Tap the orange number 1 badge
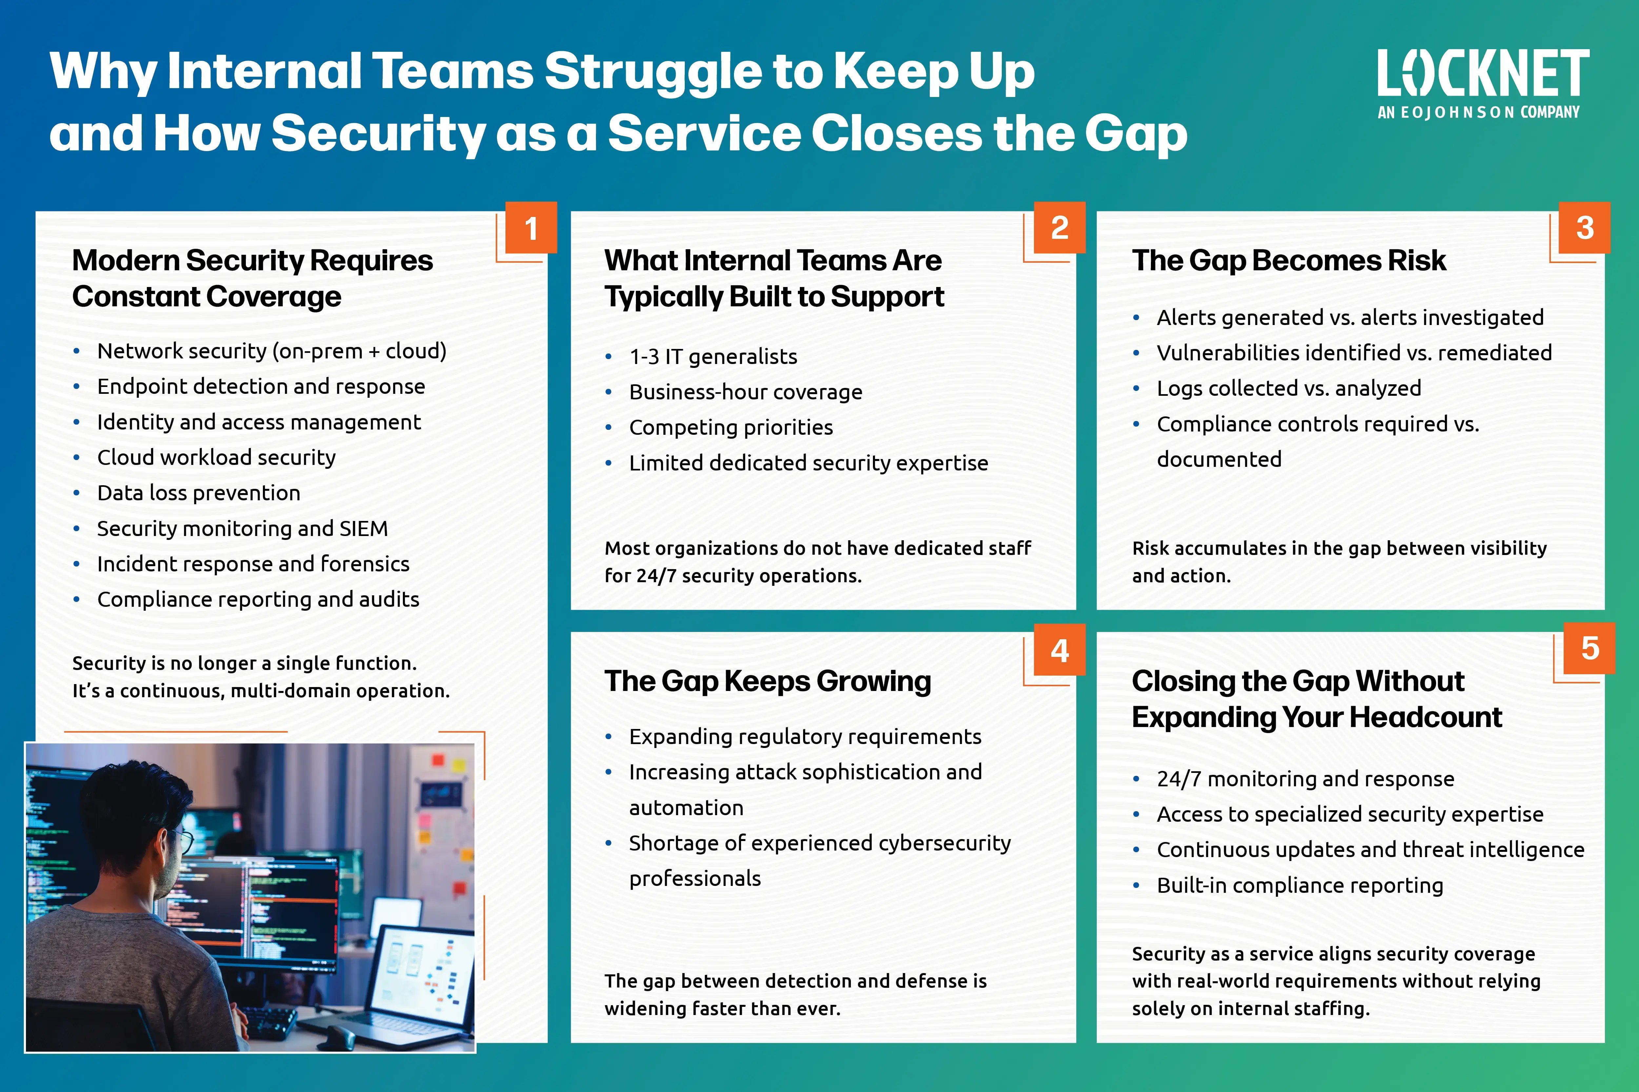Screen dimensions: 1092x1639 [531, 228]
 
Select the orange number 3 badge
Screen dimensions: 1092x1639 [1585, 228]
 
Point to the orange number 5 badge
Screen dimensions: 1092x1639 [1590, 648]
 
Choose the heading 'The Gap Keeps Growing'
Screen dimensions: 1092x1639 [767, 681]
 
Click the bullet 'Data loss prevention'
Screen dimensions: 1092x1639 [199, 493]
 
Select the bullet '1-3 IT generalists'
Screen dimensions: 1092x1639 [713, 356]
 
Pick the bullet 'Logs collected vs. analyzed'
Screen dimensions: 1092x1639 [1289, 388]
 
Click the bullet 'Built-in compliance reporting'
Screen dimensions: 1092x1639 [1300, 885]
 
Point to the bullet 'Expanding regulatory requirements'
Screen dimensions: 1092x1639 [805, 737]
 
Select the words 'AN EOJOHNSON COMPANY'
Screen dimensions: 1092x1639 [1478, 112]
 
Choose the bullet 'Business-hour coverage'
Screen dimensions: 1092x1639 [746, 392]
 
